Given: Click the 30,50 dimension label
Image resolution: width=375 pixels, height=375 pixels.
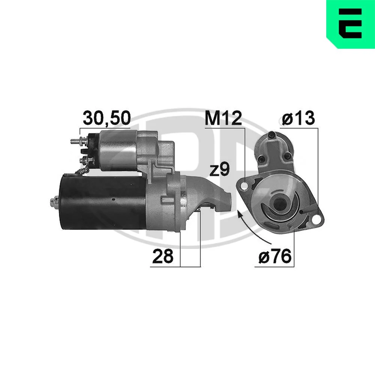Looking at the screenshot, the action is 106,118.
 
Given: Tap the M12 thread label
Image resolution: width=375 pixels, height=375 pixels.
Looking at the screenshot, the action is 223,118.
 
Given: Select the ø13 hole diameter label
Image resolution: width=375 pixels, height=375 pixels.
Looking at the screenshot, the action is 298,118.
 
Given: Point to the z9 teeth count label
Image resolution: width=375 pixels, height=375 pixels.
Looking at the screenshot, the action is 219,169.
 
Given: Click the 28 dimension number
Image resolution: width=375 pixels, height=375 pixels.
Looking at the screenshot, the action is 163,256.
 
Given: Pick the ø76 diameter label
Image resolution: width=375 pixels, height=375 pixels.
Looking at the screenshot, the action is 275,256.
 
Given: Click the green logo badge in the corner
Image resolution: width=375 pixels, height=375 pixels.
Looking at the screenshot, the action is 351,24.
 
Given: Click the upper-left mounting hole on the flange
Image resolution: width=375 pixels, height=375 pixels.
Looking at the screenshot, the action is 244,186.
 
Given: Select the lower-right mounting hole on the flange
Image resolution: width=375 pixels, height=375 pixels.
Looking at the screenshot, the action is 316,220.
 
